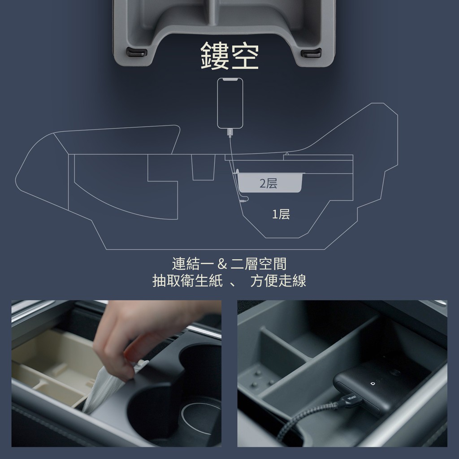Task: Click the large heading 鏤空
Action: pyautogui.click(x=229, y=56)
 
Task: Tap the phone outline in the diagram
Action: pyautogui.click(x=230, y=103)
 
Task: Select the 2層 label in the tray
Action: pyautogui.click(x=268, y=183)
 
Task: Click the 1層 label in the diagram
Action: pyautogui.click(x=281, y=214)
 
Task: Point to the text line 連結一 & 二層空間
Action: pyautogui.click(x=229, y=264)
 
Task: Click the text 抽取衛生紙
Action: pyautogui.click(x=188, y=281)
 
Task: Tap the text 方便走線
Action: pyautogui.click(x=278, y=281)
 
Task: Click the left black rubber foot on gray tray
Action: pyautogui.click(x=137, y=52)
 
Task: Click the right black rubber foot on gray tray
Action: pyautogui.click(x=311, y=53)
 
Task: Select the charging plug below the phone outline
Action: pyautogui.click(x=230, y=133)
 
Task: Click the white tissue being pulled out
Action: pyautogui.click(x=105, y=386)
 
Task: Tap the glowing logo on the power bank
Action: pyautogui.click(x=372, y=383)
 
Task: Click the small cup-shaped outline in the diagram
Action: pyautogui.click(x=203, y=167)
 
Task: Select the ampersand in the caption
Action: pyautogui.click(x=222, y=264)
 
